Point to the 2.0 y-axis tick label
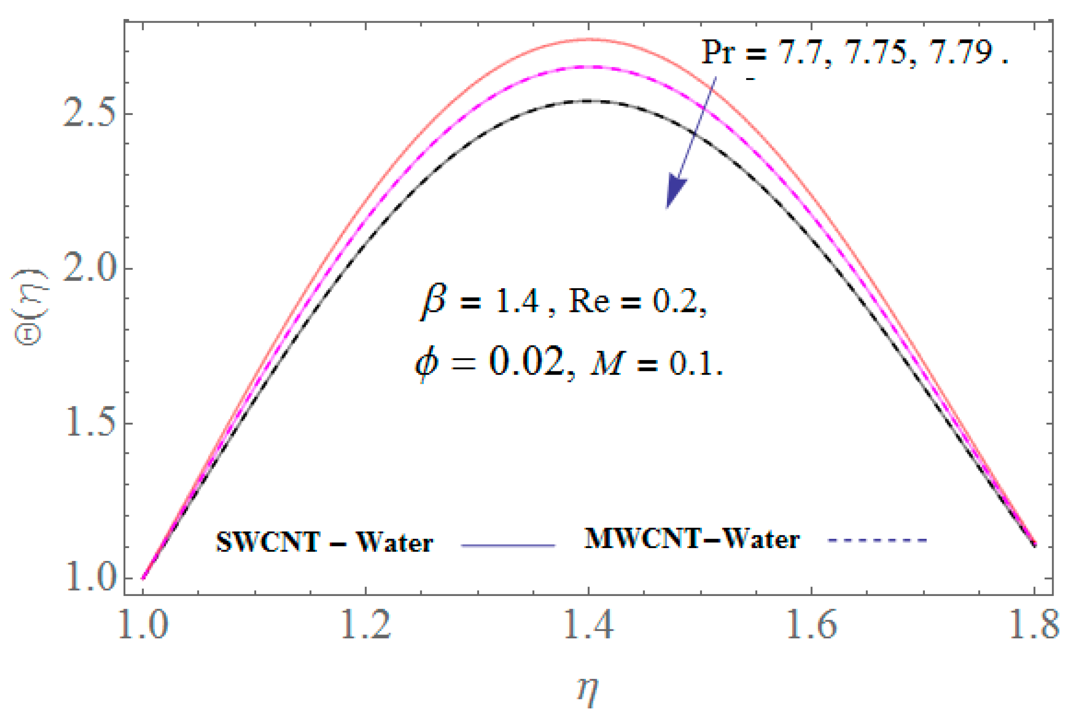pyautogui.click(x=87, y=269)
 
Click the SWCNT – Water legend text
pyautogui.click(x=324, y=543)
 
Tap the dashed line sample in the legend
pyautogui.click(x=877, y=541)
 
